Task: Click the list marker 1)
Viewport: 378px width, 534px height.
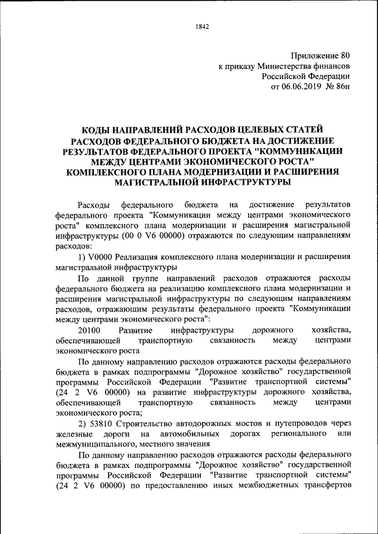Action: [83, 257]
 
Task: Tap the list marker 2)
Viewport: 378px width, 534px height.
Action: [83, 423]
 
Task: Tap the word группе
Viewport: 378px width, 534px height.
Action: [158, 278]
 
